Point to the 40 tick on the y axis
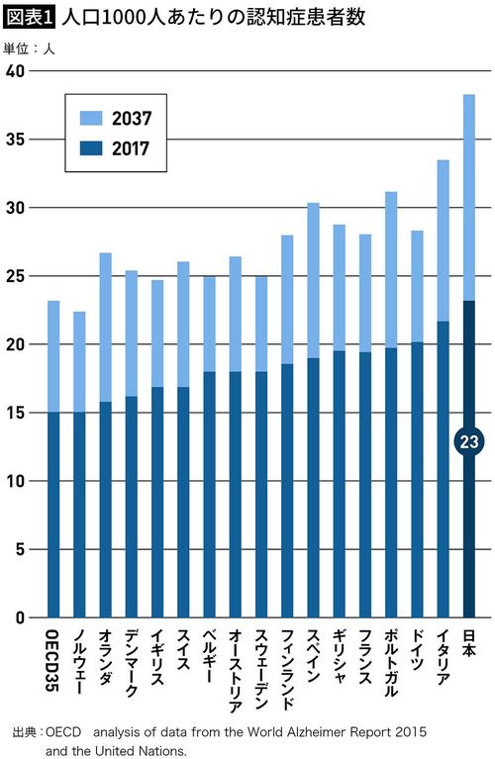[x=14, y=71]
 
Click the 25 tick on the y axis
[x=14, y=276]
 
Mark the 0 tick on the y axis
[x=18, y=617]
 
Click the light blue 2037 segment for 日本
[x=468, y=198]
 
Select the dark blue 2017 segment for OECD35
[x=52, y=515]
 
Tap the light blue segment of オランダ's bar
[x=105, y=327]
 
